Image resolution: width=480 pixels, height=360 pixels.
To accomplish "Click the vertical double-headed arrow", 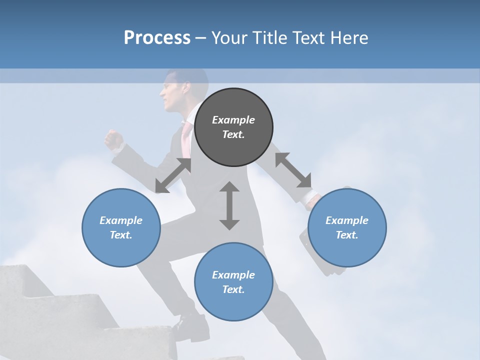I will pyautogui.click(x=229, y=205).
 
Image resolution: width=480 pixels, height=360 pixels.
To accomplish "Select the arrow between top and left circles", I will pyautogui.click(x=173, y=175).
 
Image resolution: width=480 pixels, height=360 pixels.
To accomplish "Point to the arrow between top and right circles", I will pyautogui.click(x=293, y=170).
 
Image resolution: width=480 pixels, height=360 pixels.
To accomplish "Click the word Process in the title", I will pyautogui.click(x=157, y=37).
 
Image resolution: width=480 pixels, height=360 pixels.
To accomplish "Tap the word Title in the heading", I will pyautogui.click(x=269, y=37).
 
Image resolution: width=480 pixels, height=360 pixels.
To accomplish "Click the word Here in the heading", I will pyautogui.click(x=349, y=37).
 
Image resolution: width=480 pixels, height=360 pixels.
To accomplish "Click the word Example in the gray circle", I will pyautogui.click(x=233, y=120).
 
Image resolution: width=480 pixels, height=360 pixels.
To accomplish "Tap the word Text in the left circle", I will pyautogui.click(x=120, y=235).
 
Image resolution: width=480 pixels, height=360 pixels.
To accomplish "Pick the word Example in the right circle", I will pyautogui.click(x=347, y=220).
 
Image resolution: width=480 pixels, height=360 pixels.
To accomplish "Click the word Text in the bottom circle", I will pyautogui.click(x=233, y=289).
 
